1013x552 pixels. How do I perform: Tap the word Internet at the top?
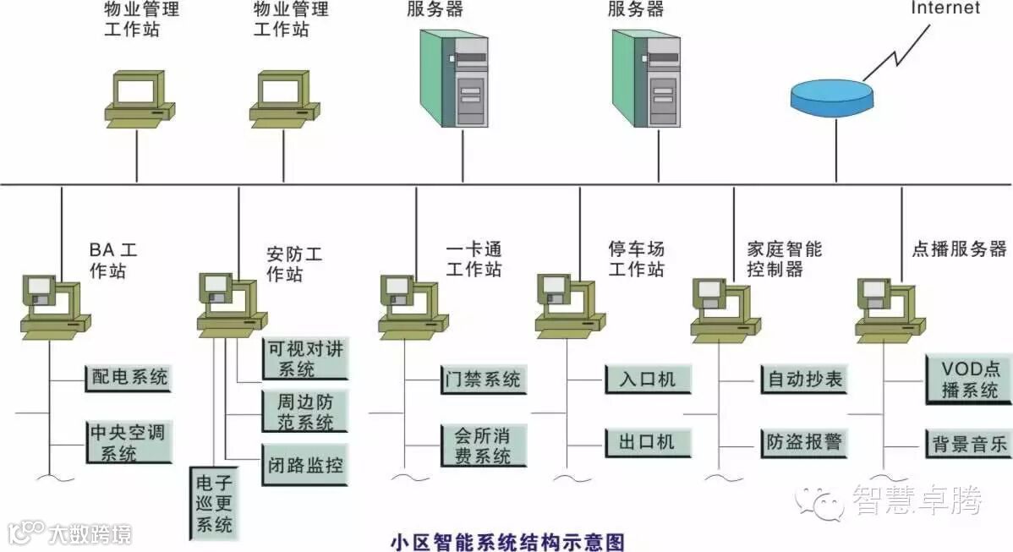click(x=945, y=8)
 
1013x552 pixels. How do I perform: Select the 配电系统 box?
click(x=128, y=378)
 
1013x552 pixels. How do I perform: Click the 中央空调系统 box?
click(x=128, y=442)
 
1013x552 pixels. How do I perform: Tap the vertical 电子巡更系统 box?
click(x=214, y=504)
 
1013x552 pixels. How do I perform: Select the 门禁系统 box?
click(x=483, y=380)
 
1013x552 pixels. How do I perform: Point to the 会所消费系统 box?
click(x=483, y=445)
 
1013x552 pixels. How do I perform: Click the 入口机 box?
click(x=648, y=379)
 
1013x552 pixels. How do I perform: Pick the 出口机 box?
click(x=648, y=442)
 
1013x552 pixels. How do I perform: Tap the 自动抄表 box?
click(x=803, y=379)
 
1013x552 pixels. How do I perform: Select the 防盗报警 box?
click(x=803, y=442)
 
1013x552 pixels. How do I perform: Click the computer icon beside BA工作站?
click(x=54, y=305)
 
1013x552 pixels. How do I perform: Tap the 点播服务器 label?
click(x=959, y=249)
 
